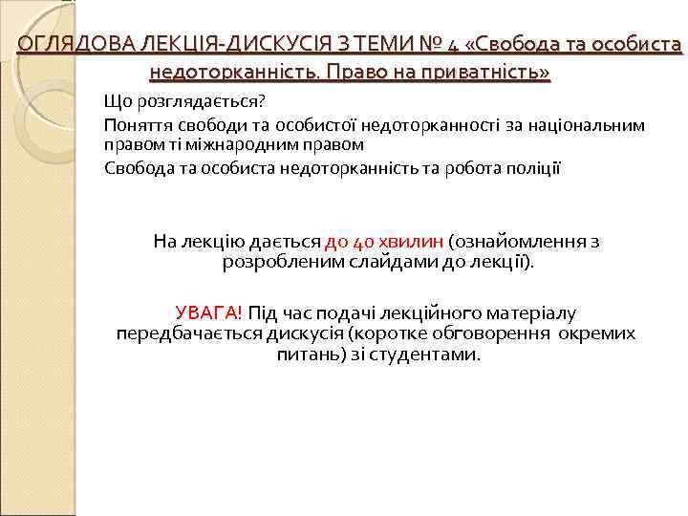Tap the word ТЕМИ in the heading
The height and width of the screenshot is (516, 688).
382,44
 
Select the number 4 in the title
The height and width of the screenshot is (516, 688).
453,44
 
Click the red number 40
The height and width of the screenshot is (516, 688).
365,242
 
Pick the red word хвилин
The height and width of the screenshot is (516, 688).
411,242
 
